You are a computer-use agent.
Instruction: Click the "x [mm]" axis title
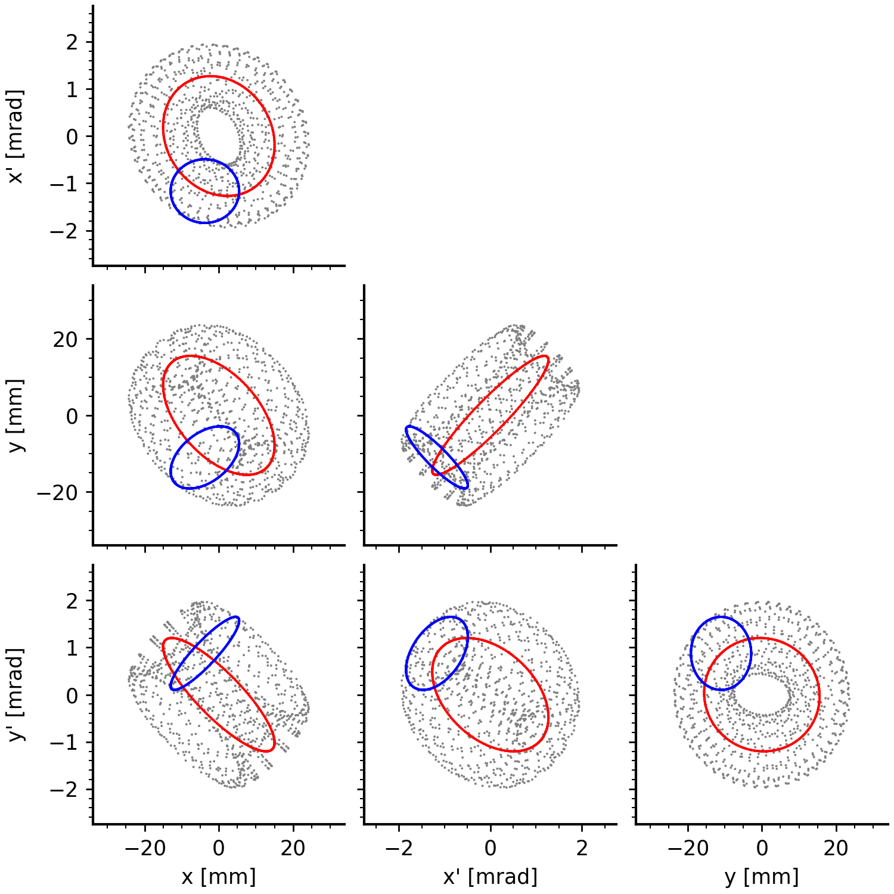[x=218, y=877]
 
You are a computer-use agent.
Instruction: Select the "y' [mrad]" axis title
[x=17, y=695]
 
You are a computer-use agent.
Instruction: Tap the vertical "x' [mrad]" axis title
[x=17, y=136]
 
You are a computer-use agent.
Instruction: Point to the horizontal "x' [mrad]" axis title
[x=490, y=877]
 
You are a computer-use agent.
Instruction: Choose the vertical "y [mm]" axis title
[x=17, y=415]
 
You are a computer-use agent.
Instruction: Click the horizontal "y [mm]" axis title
[x=762, y=877]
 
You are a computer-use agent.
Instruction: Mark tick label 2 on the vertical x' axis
[x=72, y=42]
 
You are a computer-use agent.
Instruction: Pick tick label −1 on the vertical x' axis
[x=64, y=184]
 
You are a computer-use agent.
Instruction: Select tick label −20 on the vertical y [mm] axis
[x=56, y=493]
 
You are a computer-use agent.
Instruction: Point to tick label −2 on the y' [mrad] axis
[x=64, y=790]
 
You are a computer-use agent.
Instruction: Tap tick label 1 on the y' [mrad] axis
[x=72, y=648]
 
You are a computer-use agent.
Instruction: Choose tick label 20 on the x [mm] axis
[x=293, y=848]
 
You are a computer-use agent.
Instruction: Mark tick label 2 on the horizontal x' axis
[x=582, y=848]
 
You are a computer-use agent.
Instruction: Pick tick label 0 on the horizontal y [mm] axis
[x=762, y=848]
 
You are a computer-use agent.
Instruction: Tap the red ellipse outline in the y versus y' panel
[x=819, y=695]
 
